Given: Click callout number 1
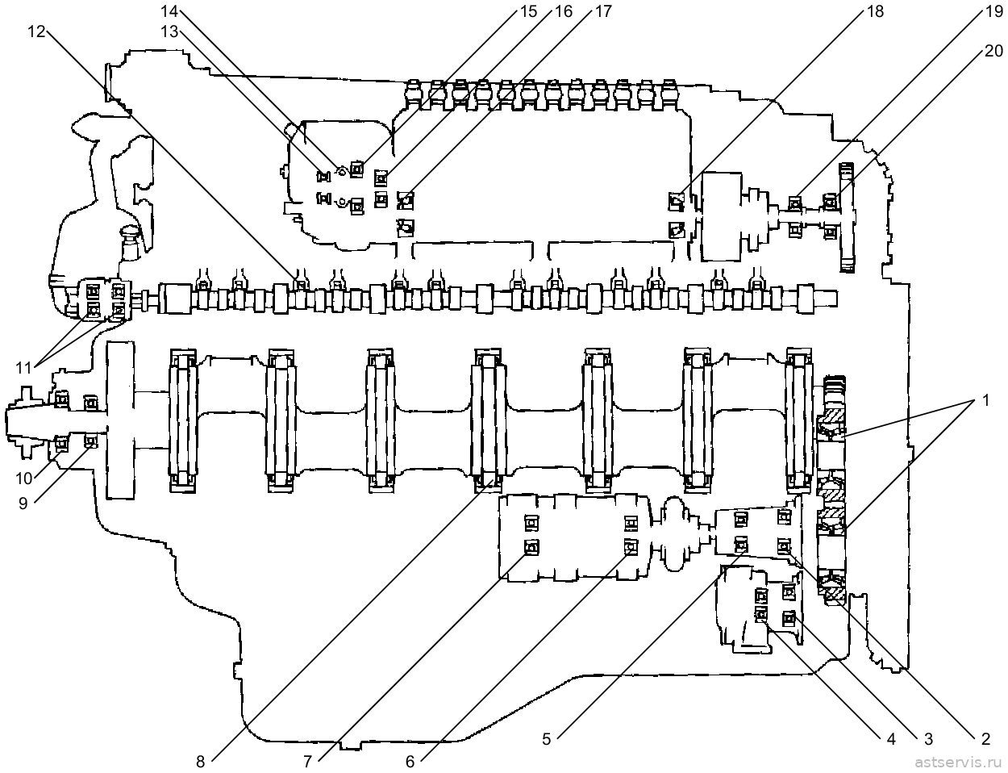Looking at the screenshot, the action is [x=985, y=399].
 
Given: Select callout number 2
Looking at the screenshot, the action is [x=985, y=738].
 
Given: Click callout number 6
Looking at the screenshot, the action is [x=410, y=762].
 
